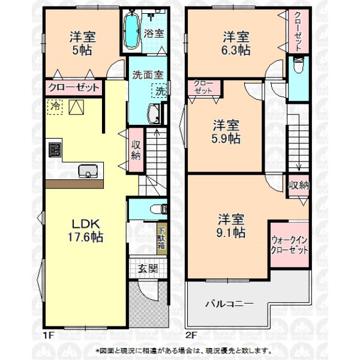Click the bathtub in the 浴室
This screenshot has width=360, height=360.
pyautogui.click(x=132, y=31)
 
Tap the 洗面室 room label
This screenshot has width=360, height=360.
pyautogui.click(x=148, y=75)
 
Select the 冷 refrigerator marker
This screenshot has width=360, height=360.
pyautogui.click(x=55, y=107)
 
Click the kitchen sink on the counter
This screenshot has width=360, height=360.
pyautogui.click(x=88, y=171)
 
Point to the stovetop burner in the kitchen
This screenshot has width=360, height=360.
pyautogui.click(x=55, y=150)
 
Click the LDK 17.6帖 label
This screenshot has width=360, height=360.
pyautogui.click(x=86, y=230)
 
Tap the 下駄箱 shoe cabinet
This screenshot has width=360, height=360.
pyautogui.click(x=162, y=238)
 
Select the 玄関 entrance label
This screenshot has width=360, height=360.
pyautogui.click(x=148, y=269)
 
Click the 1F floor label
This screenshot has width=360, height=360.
pyautogui.click(x=49, y=335)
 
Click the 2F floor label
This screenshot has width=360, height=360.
pyautogui.click(x=191, y=335)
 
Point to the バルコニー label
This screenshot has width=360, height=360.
pyautogui.click(x=229, y=304)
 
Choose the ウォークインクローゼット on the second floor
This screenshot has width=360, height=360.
pyautogui.click(x=290, y=245)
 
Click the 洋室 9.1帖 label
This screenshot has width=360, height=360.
pyautogui.click(x=231, y=226)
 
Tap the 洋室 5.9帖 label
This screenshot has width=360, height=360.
pyautogui.click(x=226, y=132)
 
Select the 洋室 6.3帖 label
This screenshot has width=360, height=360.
pyautogui.click(x=236, y=44)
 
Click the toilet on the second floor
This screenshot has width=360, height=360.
pyautogui.click(x=299, y=65)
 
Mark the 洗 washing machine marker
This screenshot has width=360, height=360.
pyautogui.click(x=160, y=91)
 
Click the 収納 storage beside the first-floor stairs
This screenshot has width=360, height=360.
pyautogui.click(x=136, y=149)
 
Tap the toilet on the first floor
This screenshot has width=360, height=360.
pyautogui.click(x=158, y=209)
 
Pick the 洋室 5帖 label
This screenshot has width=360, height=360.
pyautogui.click(x=82, y=44)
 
